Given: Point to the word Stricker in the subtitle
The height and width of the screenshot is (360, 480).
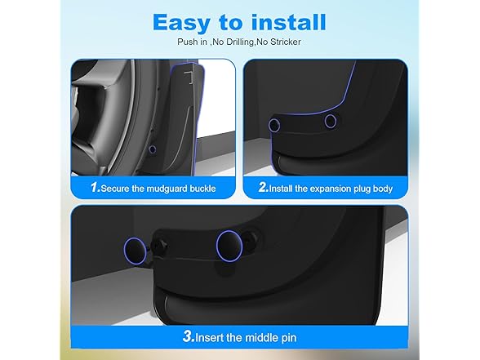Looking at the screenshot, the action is point(286,42).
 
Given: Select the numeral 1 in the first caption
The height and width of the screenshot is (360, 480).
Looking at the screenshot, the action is point(95,187).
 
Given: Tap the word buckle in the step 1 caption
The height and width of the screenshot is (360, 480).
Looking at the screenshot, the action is point(202,189).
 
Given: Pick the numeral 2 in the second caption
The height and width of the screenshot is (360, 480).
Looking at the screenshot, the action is point(263,187).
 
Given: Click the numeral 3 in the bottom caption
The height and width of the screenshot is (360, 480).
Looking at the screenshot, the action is point(188,336).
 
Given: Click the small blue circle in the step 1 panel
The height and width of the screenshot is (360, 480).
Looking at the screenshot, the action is point(153,149).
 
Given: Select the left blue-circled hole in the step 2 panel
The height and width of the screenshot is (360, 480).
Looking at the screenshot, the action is point(274,125).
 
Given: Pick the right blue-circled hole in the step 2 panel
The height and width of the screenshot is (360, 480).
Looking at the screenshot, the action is point(331,121).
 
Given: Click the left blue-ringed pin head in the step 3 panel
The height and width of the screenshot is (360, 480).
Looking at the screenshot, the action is point(136,251).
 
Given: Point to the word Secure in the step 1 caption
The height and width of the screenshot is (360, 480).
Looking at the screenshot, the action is point(115,189).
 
